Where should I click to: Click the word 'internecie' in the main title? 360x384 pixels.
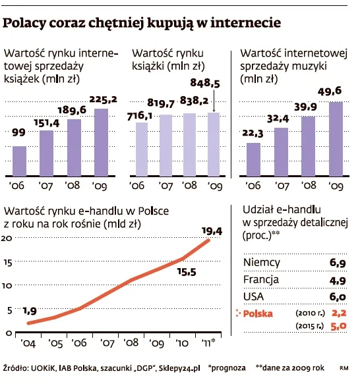tap(246, 24)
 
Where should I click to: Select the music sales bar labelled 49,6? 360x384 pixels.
tap(335, 138)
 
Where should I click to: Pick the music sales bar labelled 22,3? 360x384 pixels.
tap(253, 160)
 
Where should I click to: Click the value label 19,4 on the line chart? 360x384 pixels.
tap(211, 231)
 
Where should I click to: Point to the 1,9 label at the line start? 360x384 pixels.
tap(29, 310)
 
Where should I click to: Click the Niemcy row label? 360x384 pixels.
tap(261, 262)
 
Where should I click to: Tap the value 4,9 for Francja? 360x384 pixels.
tap(338, 279)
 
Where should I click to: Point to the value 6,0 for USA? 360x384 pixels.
tap(338, 296)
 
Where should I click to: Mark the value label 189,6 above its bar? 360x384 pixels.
tap(76, 110)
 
